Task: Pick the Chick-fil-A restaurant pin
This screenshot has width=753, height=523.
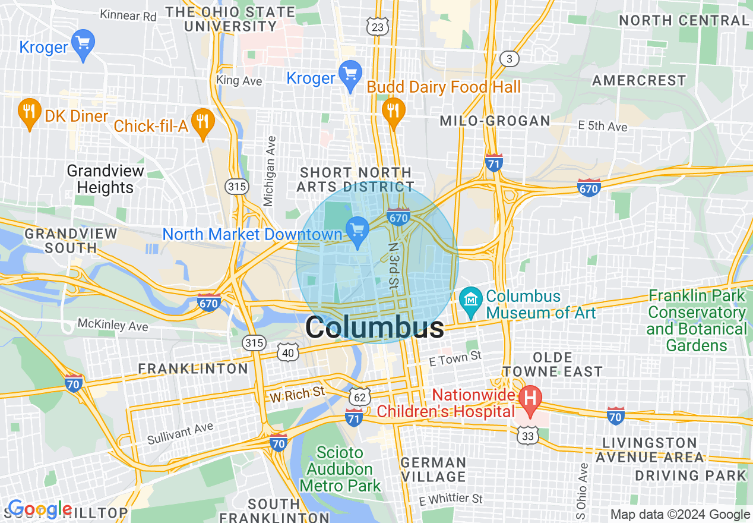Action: (204, 122)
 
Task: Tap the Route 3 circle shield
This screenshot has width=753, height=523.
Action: (509, 59)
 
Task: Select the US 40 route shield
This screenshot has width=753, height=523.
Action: (288, 353)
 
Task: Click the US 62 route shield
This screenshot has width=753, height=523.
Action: (360, 395)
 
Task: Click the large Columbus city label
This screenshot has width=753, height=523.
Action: (374, 328)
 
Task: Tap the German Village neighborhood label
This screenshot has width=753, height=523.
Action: (433, 470)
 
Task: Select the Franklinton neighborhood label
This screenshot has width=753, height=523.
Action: (193, 368)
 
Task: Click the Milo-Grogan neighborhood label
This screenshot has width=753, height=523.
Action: (495, 121)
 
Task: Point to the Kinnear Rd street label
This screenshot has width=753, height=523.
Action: (128, 15)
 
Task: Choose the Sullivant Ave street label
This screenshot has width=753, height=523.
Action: (180, 434)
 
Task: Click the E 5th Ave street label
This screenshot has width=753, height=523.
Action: (602, 126)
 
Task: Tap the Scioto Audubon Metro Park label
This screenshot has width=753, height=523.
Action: (340, 469)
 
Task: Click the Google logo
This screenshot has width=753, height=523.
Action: (39, 509)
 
